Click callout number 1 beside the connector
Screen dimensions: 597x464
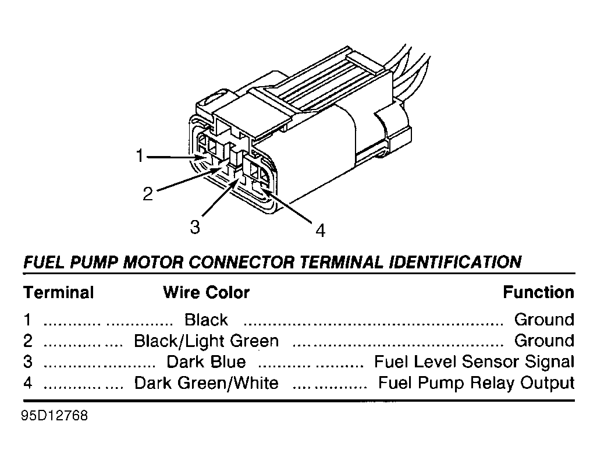click(x=140, y=156)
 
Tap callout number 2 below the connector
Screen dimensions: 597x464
click(x=148, y=193)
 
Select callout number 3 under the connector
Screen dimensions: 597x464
click(x=195, y=227)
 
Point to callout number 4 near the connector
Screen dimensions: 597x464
click(x=321, y=231)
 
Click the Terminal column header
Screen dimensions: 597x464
click(x=59, y=293)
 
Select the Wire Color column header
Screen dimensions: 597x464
click(x=207, y=293)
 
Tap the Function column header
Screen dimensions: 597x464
click(x=538, y=292)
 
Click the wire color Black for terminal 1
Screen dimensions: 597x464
click(x=206, y=320)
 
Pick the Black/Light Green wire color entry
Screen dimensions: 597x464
click(x=207, y=341)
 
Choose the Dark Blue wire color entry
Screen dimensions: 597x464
click(x=207, y=362)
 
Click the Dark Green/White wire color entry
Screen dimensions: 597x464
click(x=207, y=383)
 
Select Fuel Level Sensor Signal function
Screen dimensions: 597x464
click(x=474, y=362)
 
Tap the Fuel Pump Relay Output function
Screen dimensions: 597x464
click(x=477, y=383)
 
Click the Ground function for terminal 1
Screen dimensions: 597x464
click(x=544, y=320)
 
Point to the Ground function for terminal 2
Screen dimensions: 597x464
click(x=544, y=341)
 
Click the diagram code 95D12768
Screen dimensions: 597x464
click(x=55, y=416)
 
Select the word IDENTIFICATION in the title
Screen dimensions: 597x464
click(x=456, y=262)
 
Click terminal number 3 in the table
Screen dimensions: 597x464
click(x=28, y=362)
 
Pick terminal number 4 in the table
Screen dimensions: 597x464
click(x=28, y=383)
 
